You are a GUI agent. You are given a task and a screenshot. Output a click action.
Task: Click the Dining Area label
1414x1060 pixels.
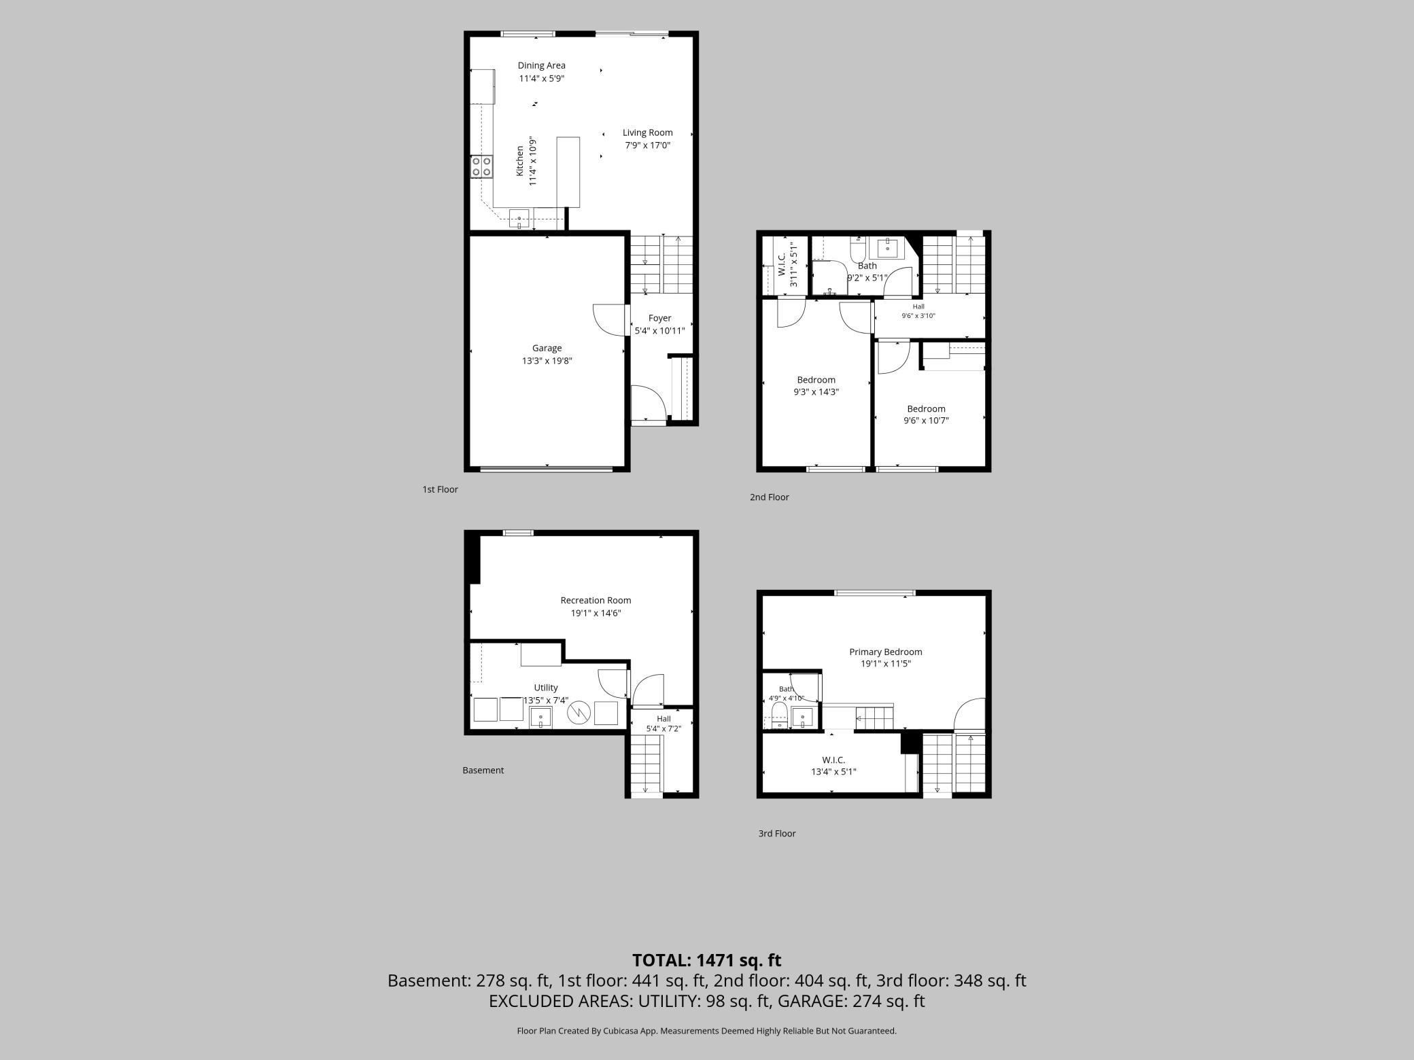tap(541, 66)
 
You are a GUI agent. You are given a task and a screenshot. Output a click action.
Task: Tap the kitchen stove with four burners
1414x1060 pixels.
tap(482, 166)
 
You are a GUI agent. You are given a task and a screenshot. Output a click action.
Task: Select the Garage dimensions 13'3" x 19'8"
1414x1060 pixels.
tap(547, 361)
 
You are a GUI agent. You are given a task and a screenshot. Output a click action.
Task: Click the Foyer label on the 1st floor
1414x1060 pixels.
tap(659, 318)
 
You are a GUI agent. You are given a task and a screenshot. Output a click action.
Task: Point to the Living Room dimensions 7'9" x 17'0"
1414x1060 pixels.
tap(648, 145)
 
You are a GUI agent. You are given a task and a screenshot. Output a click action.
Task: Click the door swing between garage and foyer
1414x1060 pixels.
tap(609, 319)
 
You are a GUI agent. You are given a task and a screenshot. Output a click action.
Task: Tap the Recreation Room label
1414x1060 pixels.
tap(596, 601)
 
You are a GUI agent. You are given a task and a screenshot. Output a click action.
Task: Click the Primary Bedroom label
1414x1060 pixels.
tap(885, 652)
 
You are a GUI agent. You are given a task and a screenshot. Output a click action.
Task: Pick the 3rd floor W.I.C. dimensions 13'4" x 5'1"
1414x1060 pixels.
tap(833, 772)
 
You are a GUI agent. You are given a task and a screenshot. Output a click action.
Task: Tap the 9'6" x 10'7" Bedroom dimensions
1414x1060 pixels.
tap(926, 421)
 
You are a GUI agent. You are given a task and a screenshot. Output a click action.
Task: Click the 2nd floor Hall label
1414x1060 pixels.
tap(918, 306)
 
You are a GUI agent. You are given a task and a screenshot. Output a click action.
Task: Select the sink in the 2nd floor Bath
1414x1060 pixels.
tap(888, 248)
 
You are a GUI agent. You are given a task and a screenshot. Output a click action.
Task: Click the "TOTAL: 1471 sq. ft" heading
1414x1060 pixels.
tap(707, 960)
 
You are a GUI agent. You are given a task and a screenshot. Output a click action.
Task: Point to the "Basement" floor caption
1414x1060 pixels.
tap(483, 771)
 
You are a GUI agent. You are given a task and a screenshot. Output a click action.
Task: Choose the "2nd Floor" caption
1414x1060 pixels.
tap(769, 497)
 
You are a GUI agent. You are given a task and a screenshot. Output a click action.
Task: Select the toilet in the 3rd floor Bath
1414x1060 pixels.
tap(779, 716)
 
